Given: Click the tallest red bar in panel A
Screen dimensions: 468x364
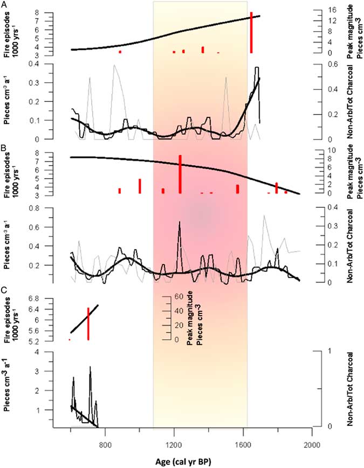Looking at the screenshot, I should [251, 32].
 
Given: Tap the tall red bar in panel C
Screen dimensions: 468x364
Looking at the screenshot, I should [88, 324].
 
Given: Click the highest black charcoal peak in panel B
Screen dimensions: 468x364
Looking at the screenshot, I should [179, 222].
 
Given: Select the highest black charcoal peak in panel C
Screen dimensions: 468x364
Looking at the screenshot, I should [90, 367].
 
